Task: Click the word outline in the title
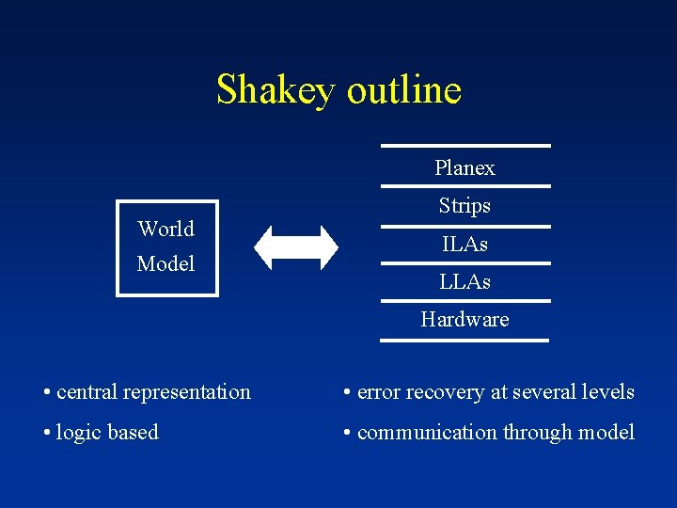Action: (x=403, y=90)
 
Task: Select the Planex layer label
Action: (x=464, y=168)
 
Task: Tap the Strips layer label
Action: (x=464, y=205)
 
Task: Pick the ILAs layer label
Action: (x=464, y=245)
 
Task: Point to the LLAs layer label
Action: (x=464, y=281)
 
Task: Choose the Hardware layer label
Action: (x=464, y=320)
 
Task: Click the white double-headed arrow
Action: (x=296, y=248)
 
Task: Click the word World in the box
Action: (x=165, y=229)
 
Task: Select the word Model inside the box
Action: (x=165, y=264)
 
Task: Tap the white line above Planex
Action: (x=464, y=146)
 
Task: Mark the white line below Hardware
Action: (x=464, y=340)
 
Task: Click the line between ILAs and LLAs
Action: (x=464, y=263)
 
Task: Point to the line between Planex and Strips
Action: (x=464, y=186)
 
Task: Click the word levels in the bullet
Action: (x=608, y=392)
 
